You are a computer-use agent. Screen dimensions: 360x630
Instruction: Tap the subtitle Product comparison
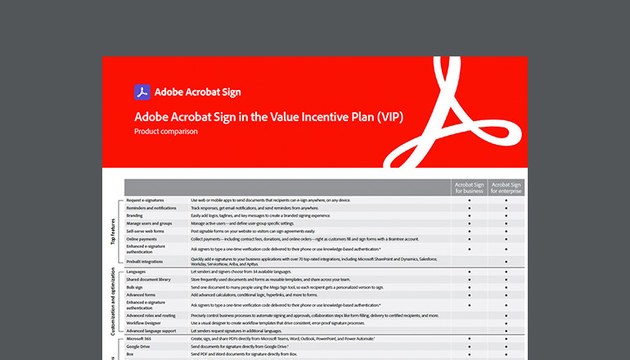click(x=166, y=131)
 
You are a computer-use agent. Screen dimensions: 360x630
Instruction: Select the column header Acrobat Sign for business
click(x=469, y=189)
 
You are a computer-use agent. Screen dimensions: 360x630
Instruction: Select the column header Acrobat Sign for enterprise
click(x=506, y=189)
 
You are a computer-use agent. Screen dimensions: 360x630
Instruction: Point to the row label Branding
click(x=136, y=215)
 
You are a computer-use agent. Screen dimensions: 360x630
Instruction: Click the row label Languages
click(x=137, y=271)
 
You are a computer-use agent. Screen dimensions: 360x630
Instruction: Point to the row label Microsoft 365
click(x=141, y=338)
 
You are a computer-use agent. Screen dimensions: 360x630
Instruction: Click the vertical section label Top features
click(x=113, y=229)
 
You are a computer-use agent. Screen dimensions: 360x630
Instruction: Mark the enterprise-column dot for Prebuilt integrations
click(x=506, y=262)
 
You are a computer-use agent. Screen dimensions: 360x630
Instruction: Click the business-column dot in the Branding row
click(x=469, y=215)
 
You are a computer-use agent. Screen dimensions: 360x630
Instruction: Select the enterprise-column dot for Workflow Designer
click(x=506, y=322)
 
